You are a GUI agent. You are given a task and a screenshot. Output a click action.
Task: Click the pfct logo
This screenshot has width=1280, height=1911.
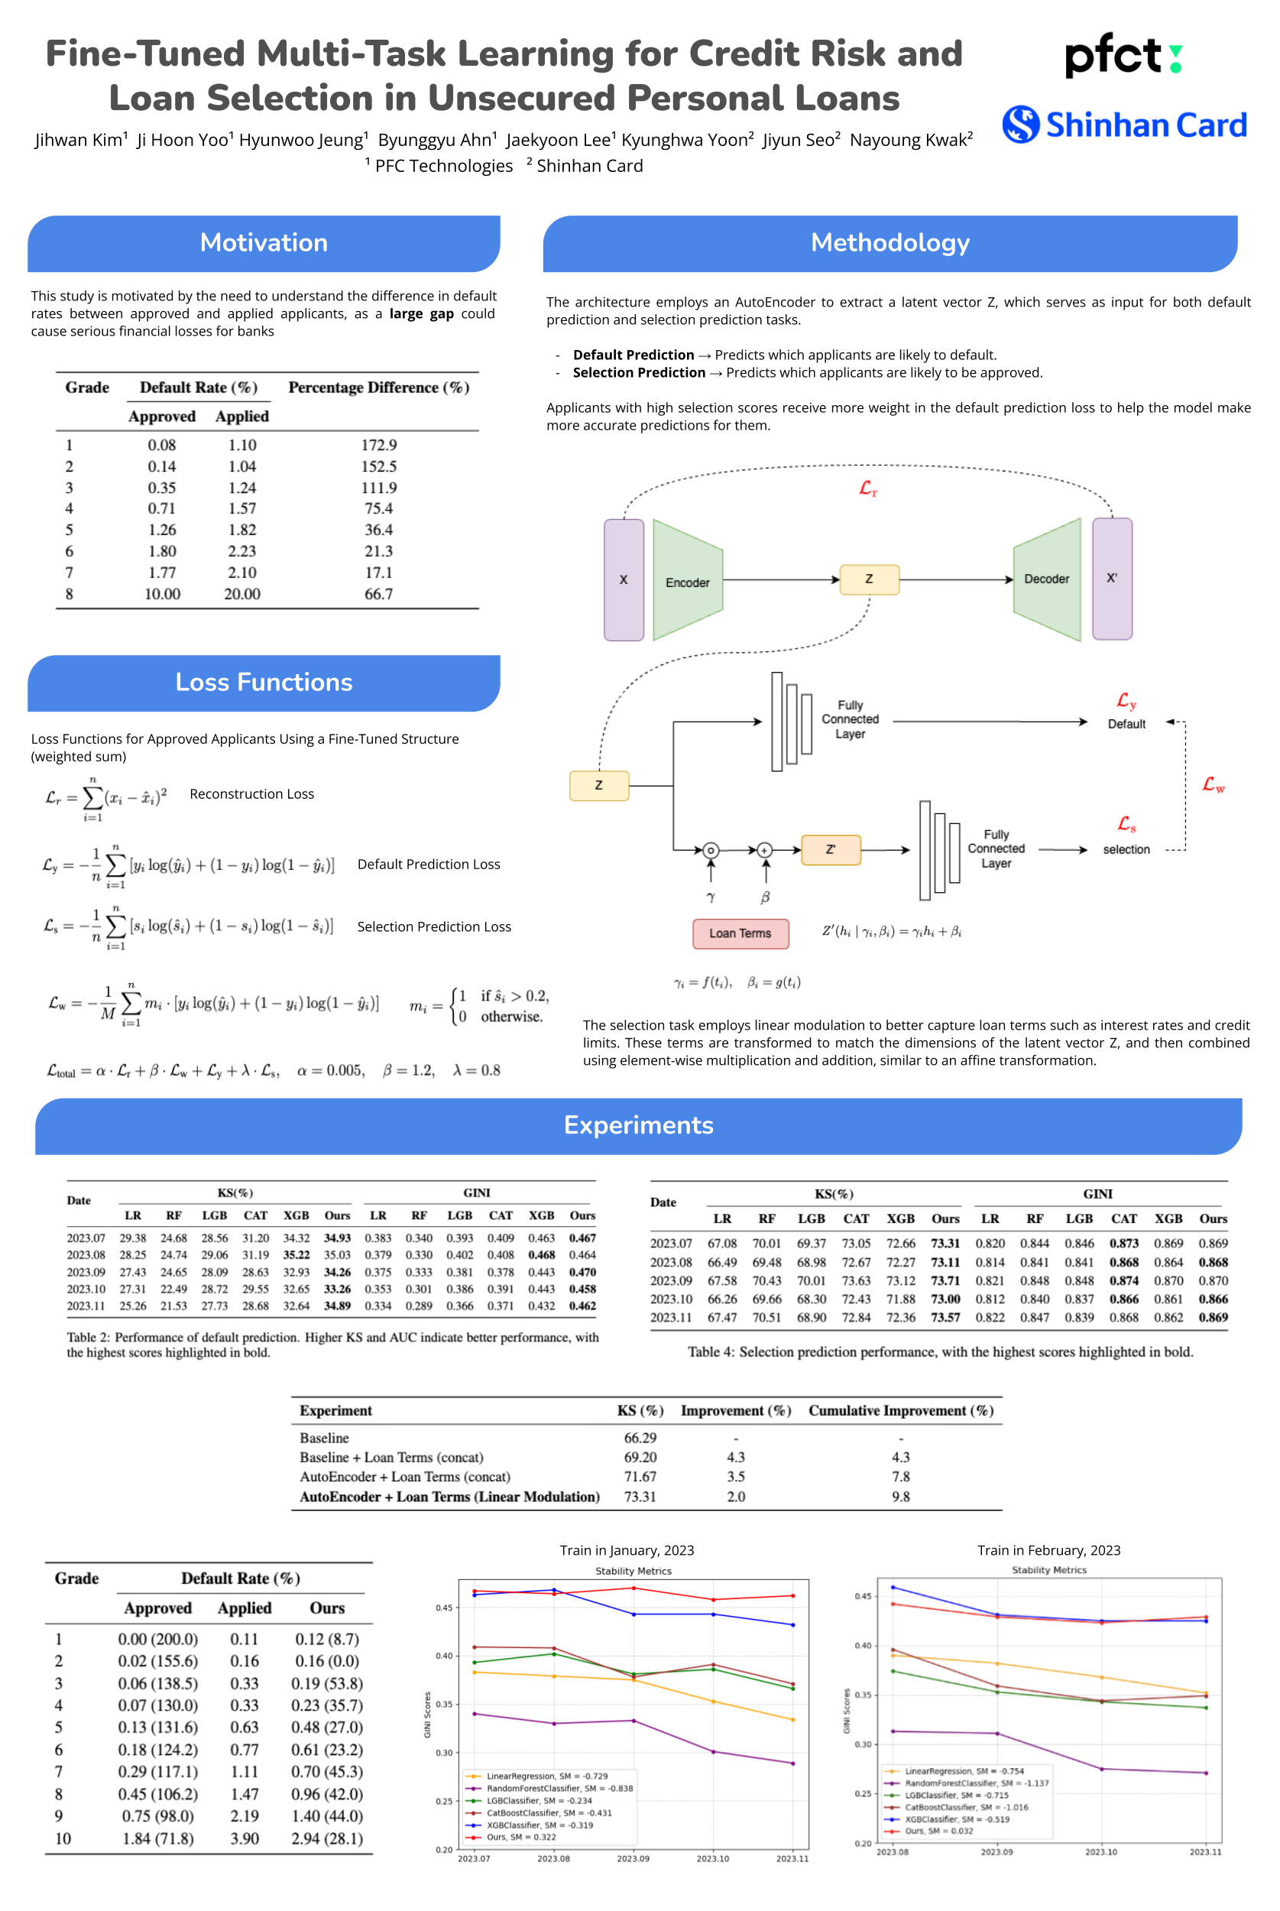pyautogui.click(x=1123, y=56)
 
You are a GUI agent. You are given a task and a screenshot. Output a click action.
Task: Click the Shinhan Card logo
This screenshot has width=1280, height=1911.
pyautogui.click(x=1124, y=125)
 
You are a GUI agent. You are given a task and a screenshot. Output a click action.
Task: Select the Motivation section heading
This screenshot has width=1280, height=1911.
pyautogui.click(x=264, y=243)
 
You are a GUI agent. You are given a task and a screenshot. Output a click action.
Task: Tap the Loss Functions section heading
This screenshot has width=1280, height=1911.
pyautogui.click(x=264, y=683)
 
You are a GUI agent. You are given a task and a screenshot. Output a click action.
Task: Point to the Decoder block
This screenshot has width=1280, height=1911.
pyautogui.click(x=1046, y=579)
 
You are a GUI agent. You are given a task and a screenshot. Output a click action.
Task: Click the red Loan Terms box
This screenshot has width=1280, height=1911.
pyautogui.click(x=740, y=933)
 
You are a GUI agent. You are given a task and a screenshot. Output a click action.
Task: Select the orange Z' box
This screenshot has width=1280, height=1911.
pyautogui.click(x=830, y=849)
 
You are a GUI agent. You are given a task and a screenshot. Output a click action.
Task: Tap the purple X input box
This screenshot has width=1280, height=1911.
pyautogui.click(x=624, y=579)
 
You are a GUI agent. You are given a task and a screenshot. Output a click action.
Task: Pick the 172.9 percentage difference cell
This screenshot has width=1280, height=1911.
pyautogui.click(x=379, y=445)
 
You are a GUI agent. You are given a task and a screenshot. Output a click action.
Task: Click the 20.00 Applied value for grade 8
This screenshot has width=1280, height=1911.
pyautogui.click(x=242, y=594)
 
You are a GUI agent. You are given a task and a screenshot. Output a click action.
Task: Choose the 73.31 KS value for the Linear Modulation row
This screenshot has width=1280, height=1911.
pyautogui.click(x=640, y=1496)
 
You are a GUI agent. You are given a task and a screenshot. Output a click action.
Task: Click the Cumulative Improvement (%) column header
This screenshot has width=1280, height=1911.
pyautogui.click(x=900, y=1410)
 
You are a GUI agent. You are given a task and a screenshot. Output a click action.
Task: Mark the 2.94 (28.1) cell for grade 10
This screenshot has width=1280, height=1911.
pyautogui.click(x=326, y=1838)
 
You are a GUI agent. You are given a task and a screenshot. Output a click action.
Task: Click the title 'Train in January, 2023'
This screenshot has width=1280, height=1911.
pyautogui.click(x=627, y=1550)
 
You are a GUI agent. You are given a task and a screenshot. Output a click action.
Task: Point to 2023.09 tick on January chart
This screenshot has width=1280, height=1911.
pyautogui.click(x=633, y=1859)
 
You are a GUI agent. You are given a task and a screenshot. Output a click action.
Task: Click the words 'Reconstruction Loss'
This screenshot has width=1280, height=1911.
pyautogui.click(x=251, y=794)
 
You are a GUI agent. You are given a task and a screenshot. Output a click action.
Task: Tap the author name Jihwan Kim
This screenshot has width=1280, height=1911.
pyautogui.click(x=80, y=140)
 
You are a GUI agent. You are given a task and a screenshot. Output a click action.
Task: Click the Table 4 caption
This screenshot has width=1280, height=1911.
pyautogui.click(x=941, y=1351)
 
